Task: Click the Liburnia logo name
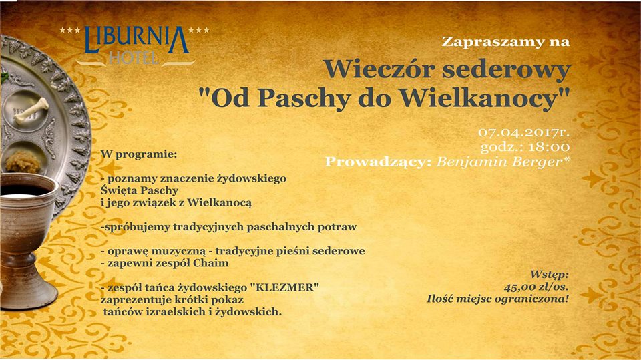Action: click(137, 40)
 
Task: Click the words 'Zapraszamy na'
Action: click(505, 42)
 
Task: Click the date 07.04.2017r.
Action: click(524, 132)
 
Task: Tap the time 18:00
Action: click(549, 147)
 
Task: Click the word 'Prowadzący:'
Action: click(378, 162)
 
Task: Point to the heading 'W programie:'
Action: click(139, 155)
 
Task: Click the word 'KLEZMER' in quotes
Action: click(286, 287)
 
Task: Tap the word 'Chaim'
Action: click(211, 263)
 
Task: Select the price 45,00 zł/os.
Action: click(536, 287)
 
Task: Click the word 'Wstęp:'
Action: click(549, 275)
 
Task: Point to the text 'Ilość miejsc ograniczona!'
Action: click(497, 299)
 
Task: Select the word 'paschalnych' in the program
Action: click(274, 227)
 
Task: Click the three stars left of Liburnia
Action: click(70, 30)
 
